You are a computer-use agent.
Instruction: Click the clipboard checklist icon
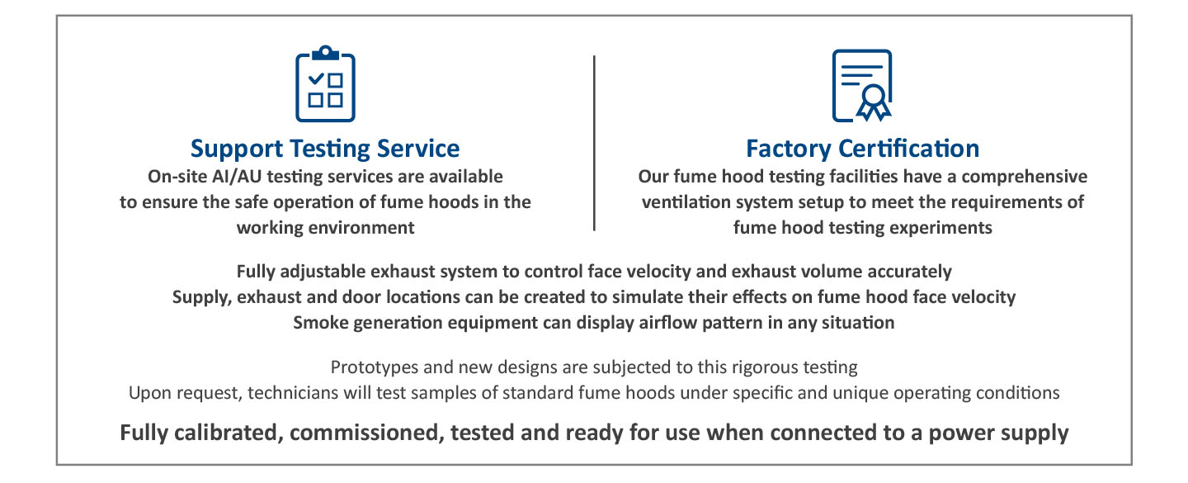coord(325,84)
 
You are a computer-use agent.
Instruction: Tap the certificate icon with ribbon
coord(862,86)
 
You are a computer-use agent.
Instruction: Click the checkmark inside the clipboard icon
coord(316,78)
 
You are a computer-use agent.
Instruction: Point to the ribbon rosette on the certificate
coord(874,102)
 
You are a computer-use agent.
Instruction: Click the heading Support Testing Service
coord(325,149)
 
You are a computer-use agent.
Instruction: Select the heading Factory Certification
coord(862,148)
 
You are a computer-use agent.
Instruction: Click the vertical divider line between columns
coord(594,143)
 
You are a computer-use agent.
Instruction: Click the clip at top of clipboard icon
coord(325,53)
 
